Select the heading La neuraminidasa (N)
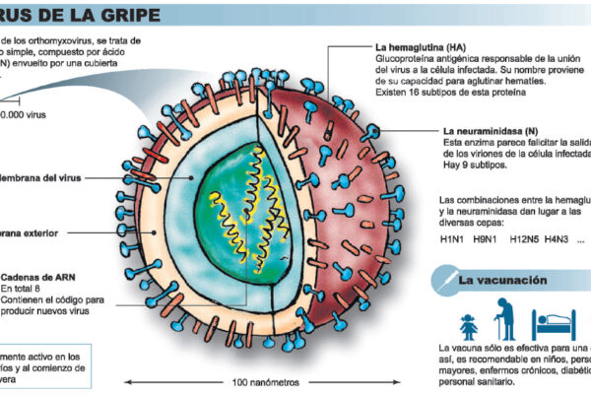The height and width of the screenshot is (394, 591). (492, 130)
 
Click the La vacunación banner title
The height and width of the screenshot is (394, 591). (502, 281)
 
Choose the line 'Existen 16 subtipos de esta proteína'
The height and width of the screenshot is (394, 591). (459, 94)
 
